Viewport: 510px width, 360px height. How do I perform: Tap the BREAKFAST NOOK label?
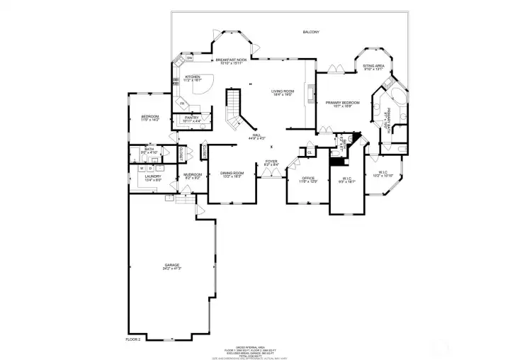click(x=231, y=60)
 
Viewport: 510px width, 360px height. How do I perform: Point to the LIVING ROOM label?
click(x=283, y=92)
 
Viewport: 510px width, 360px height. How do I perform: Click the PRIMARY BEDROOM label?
click(x=343, y=103)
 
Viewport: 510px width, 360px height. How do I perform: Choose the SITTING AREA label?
click(x=373, y=67)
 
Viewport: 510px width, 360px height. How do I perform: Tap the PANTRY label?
click(x=192, y=118)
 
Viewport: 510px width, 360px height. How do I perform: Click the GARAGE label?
click(x=172, y=266)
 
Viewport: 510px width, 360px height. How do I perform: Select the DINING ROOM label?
click(x=232, y=174)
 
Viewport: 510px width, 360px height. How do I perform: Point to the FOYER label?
click(x=271, y=162)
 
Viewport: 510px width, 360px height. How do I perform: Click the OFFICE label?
click(x=308, y=179)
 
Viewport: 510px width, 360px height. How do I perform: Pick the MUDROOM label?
click(x=193, y=175)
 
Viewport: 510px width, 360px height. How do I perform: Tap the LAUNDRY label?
click(x=153, y=177)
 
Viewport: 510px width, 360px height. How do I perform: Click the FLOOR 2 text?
click(x=133, y=340)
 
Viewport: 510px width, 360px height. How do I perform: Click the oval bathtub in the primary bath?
click(x=396, y=99)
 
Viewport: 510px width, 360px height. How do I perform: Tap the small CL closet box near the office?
click(x=310, y=152)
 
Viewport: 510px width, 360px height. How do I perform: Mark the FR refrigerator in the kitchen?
click(x=182, y=104)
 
